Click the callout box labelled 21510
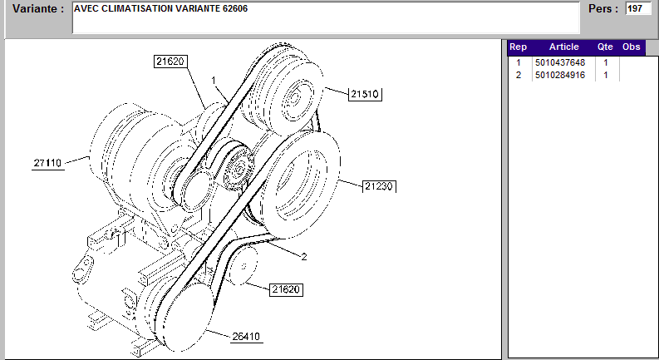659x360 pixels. pos(364,94)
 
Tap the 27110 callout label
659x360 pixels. pos(49,163)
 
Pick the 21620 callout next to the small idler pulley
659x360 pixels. pos(285,289)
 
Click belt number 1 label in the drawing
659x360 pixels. pos(214,81)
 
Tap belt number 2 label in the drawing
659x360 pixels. pos(303,257)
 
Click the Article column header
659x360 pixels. pos(563,47)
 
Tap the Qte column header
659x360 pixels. pos(605,47)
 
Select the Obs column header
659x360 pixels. pos(632,47)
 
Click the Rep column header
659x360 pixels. pos(518,47)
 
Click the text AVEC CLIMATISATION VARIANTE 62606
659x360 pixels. pos(160,8)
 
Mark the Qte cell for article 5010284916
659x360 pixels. pos(606,76)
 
